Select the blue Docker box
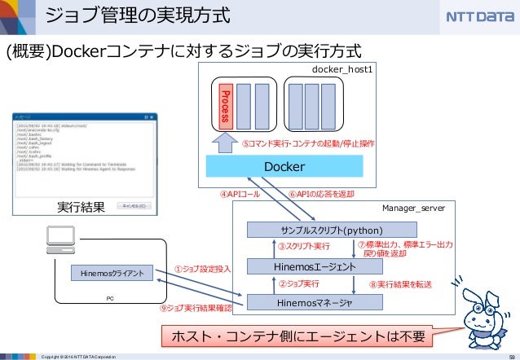(284, 166)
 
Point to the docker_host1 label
(342, 71)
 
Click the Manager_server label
(413, 208)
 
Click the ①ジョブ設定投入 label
(203, 268)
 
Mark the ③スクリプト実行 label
(303, 247)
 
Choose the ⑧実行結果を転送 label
(400, 285)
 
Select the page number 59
(509, 355)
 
